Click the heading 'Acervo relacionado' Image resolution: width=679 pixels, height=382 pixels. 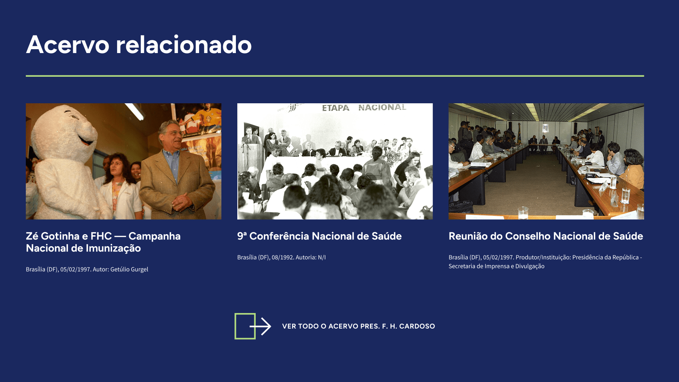point(139,45)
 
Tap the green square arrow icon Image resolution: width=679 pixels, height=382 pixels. point(253,326)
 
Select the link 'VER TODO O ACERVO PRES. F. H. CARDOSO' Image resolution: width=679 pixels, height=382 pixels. point(359,326)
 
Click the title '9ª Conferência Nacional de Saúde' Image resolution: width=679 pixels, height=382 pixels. point(319,236)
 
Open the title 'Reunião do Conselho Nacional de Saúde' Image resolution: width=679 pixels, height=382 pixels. point(546,236)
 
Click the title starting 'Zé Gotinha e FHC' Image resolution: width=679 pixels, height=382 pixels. point(103,242)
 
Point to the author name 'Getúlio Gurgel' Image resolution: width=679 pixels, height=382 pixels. point(129,269)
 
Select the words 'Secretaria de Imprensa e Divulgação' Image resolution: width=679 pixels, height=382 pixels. point(497,266)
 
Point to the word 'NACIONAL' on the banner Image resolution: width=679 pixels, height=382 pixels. point(382,107)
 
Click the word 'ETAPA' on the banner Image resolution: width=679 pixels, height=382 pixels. point(336,108)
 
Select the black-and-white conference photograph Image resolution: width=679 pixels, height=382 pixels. point(335,161)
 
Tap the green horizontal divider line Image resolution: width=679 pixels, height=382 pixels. point(335,76)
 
